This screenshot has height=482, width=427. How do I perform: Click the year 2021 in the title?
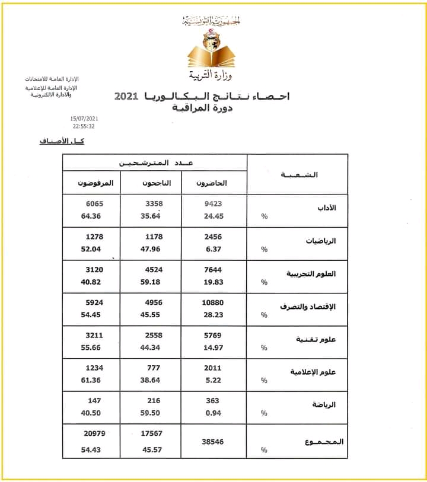point(126,96)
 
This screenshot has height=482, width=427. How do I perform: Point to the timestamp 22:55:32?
point(84,126)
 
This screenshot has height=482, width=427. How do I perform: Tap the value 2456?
point(212,237)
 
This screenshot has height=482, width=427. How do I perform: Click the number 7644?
point(212,270)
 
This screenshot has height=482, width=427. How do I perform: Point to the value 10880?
point(212,302)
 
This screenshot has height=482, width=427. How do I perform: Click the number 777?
point(154,368)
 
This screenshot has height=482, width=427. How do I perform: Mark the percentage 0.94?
point(212,413)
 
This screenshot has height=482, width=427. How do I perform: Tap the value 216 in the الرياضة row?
point(154,401)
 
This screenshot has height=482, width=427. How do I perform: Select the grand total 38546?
point(212,442)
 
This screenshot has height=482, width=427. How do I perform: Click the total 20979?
point(94,434)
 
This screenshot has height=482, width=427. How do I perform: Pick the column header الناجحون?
point(155,184)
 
